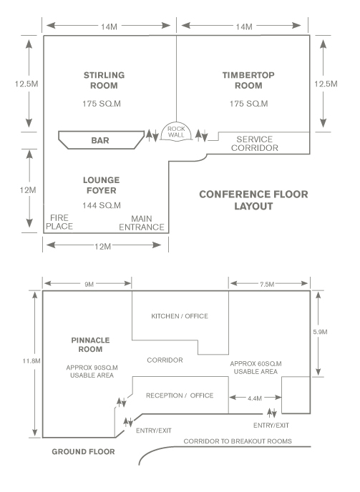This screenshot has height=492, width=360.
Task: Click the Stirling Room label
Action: coord(104,80)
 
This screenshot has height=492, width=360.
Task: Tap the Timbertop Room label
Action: coord(248,80)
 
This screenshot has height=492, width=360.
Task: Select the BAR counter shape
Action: coord(101,140)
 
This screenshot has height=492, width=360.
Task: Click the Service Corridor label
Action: coord(255,144)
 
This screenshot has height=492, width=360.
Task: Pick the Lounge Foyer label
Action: coord(101,185)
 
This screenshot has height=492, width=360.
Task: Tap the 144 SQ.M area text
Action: coord(102,205)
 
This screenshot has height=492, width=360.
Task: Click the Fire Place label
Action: coord(59,222)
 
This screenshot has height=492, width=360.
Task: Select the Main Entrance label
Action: coord(142,223)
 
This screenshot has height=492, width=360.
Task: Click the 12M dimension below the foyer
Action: coord(103,247)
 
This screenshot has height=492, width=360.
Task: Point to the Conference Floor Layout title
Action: coord(253,200)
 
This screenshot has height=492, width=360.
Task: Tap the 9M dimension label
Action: coord(89,285)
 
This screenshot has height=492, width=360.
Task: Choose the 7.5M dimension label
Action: coord(267,285)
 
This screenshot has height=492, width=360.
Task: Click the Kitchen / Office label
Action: coord(180,316)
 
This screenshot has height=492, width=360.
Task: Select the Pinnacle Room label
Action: coord(90,345)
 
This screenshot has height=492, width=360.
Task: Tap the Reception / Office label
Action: coord(180,395)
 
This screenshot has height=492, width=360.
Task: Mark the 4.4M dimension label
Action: coord(255,398)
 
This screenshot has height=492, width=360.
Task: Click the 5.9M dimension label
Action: coord(320,332)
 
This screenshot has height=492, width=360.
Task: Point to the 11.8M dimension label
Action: coord(31,361)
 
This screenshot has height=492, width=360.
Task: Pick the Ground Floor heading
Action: coord(83,451)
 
